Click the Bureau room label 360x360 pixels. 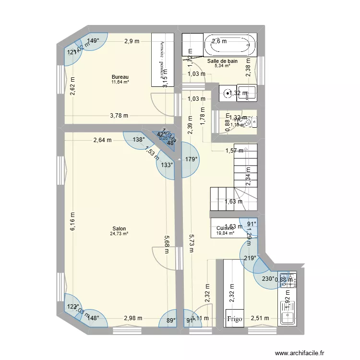pyautogui.click(x=120, y=77)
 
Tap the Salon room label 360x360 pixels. pyautogui.click(x=119, y=228)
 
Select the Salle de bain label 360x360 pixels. pyautogui.click(x=222, y=61)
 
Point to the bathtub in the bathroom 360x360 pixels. pyautogui.click(x=228, y=46)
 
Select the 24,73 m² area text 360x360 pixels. pyautogui.click(x=119, y=234)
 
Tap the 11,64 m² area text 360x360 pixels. pyautogui.click(x=120, y=82)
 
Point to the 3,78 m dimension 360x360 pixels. pyautogui.click(x=119, y=115)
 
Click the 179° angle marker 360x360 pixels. pyautogui.click(x=192, y=159)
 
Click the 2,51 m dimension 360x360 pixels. pyautogui.click(x=260, y=318)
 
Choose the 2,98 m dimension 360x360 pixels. pyautogui.click(x=133, y=318)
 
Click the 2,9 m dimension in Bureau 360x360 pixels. pyautogui.click(x=132, y=41)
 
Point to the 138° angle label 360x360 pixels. pyautogui.click(x=139, y=140)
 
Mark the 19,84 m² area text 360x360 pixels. pyautogui.click(x=225, y=234)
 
